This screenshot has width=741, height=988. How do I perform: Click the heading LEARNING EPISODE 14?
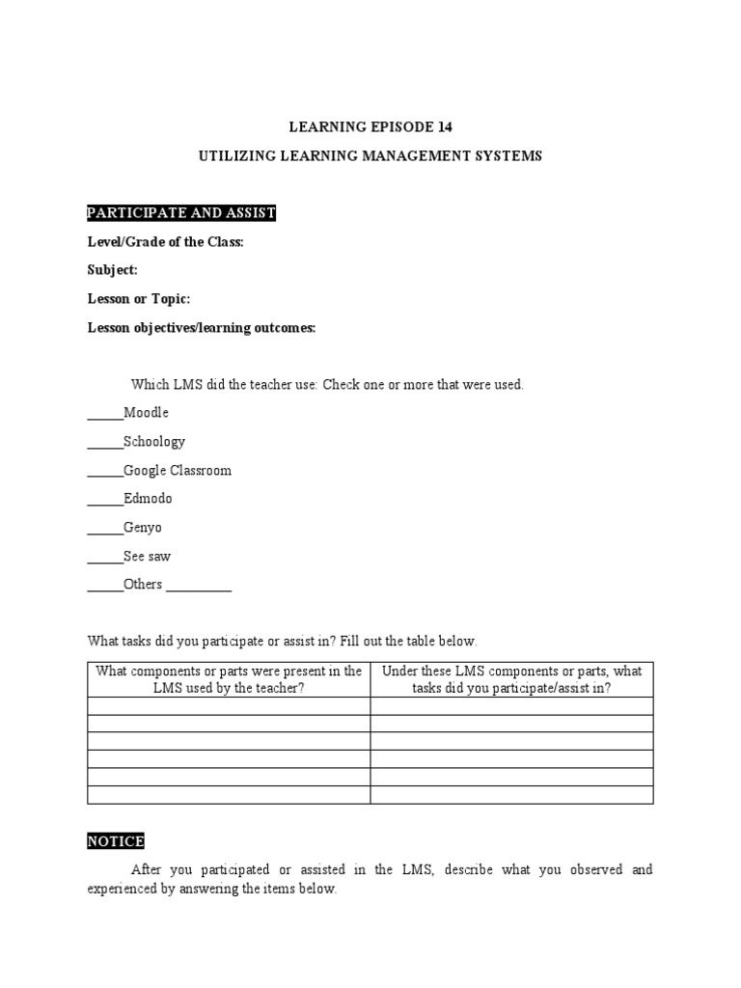[370, 126]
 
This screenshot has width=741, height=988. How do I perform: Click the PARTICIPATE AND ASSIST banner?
[181, 212]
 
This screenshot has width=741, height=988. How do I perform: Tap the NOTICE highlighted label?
[116, 841]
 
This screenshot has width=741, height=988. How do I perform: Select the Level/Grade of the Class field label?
[166, 241]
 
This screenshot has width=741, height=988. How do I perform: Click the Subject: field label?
[113, 270]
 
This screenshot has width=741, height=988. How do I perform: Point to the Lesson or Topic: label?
[139, 299]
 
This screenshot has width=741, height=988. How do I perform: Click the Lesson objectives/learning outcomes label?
[202, 328]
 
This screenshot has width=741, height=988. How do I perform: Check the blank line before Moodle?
[105, 416]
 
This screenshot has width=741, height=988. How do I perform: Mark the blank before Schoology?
[105, 445]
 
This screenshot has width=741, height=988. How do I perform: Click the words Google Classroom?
[178, 471]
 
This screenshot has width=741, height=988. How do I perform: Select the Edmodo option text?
[148, 499]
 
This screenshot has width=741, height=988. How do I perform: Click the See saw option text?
[147, 557]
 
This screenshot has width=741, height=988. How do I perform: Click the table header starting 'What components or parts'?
[229, 679]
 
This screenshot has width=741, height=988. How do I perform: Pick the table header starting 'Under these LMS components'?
[511, 679]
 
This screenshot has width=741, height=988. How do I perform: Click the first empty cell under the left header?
[229, 706]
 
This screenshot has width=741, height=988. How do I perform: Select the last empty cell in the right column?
[511, 795]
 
